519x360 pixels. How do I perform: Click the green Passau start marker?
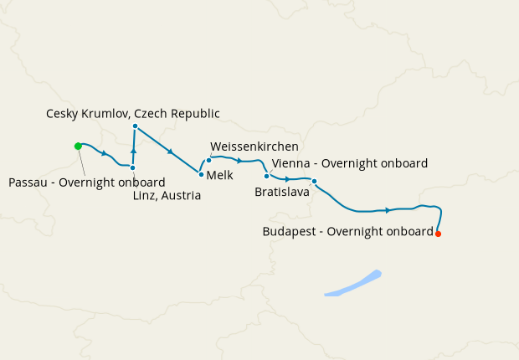click(78, 146)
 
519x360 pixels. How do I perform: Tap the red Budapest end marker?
click(438, 234)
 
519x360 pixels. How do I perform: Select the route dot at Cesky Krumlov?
click(135, 126)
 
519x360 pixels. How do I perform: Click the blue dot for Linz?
click(132, 167)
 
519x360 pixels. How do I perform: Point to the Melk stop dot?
click(201, 174)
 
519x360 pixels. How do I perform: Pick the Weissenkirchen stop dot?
click(208, 159)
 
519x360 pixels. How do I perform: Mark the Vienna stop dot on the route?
click(266, 176)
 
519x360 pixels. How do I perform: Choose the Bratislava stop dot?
click(314, 181)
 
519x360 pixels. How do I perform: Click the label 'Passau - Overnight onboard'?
click(86, 182)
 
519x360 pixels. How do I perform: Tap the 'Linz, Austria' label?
click(167, 196)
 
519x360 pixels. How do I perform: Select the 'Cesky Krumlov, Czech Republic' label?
click(132, 113)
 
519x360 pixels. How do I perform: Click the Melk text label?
click(219, 176)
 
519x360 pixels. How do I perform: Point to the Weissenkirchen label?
click(254, 147)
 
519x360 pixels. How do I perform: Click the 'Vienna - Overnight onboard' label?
click(350, 163)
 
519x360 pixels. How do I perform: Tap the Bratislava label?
click(282, 192)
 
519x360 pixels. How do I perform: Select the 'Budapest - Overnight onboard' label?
click(347, 230)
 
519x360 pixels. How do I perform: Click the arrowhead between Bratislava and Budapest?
click(388, 210)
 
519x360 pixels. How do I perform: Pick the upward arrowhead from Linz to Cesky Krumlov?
click(133, 149)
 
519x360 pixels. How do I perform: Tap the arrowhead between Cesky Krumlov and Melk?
click(170, 152)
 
